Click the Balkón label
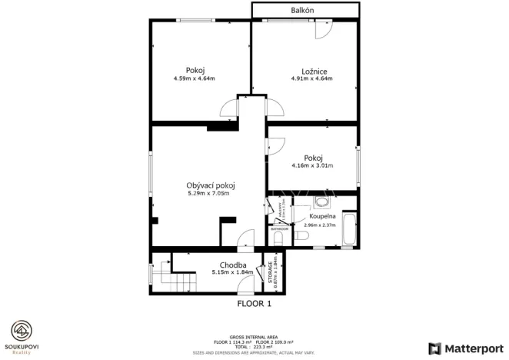point(302,10)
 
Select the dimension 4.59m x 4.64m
point(194,78)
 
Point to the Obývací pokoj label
point(210,185)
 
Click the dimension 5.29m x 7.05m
point(210,194)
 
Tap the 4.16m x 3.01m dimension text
point(311,165)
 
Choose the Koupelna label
point(322,217)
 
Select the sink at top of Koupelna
point(323,202)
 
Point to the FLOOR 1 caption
point(254,303)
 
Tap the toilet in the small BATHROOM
point(278,238)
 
